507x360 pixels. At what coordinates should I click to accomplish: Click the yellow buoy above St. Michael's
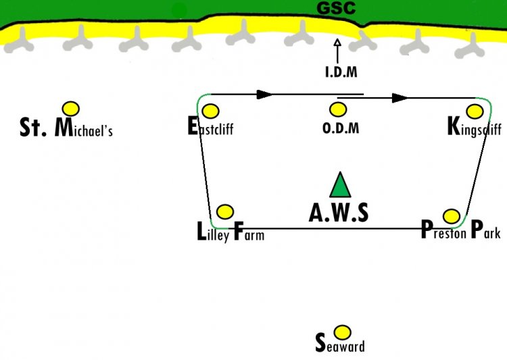coord(71,109)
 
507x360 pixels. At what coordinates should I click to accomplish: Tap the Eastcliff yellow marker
coord(210,111)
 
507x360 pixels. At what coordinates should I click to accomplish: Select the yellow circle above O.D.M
coord(338,109)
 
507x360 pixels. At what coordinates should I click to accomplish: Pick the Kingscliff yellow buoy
coord(475,111)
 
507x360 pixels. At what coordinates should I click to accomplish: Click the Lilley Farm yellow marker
coord(225,212)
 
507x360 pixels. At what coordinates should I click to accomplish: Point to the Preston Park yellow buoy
coord(452,216)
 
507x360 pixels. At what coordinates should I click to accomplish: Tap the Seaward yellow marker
coord(342,332)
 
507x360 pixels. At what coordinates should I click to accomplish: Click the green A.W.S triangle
coord(340,185)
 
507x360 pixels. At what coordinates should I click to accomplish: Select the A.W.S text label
coord(339,213)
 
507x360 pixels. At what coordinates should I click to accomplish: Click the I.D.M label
coord(341,72)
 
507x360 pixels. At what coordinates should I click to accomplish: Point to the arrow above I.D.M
coord(337,51)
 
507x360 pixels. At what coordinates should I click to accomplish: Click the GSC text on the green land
coord(336,8)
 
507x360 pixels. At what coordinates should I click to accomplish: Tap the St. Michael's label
coord(66,128)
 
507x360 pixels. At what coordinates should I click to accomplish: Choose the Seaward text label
coord(340,344)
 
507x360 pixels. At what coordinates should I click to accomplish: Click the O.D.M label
coord(341,128)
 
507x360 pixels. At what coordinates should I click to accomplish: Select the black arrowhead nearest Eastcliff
coord(265,95)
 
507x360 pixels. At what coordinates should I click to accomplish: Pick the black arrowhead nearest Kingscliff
coord(400,98)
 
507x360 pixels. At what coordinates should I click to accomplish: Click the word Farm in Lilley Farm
coord(249,232)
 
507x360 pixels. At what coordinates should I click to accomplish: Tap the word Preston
coord(443,230)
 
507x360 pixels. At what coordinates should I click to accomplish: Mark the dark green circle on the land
coord(179,11)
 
